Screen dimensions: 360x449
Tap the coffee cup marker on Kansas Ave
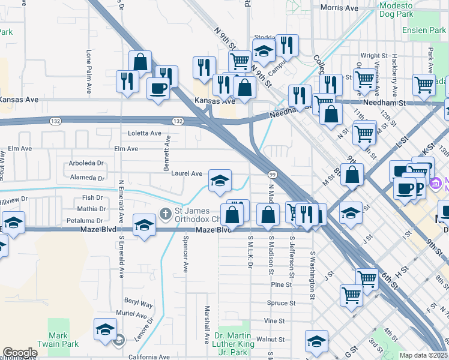(x=158, y=89)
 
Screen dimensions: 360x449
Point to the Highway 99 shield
(x=272, y=174)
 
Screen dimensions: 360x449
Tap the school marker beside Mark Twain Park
(x=105, y=329)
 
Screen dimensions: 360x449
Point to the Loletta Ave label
(x=145, y=133)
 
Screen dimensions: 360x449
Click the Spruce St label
(x=282, y=303)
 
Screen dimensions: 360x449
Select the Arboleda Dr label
(x=86, y=163)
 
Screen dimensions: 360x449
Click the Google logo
(x=20, y=353)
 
